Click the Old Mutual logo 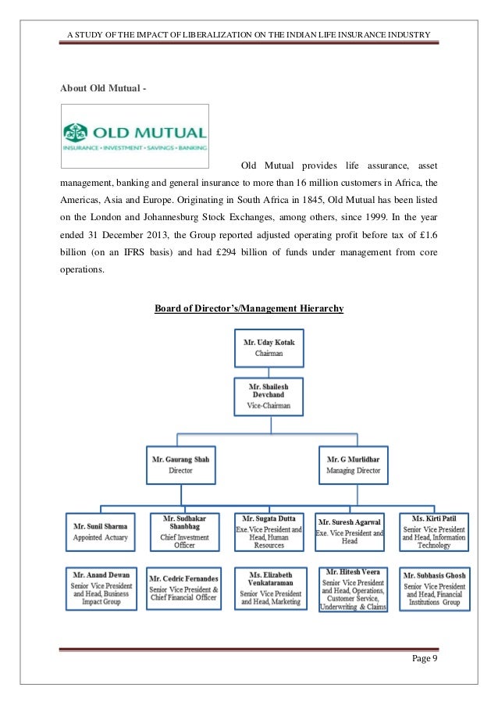135,135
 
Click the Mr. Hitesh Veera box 353,588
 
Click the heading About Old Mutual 102,87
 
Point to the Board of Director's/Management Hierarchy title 249,309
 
